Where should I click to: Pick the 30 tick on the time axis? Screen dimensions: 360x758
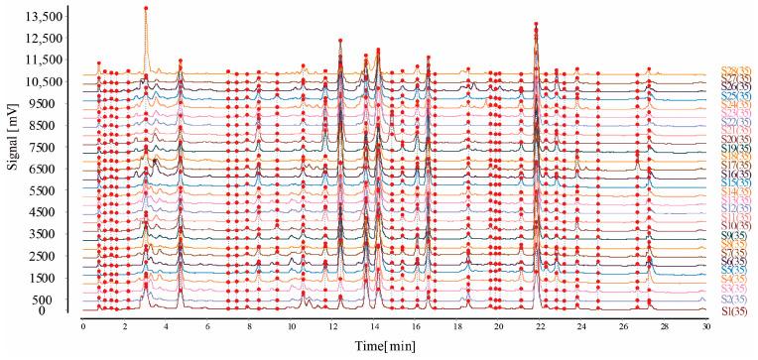coord(706,325)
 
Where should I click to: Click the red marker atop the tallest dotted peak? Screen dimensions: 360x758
coord(146,8)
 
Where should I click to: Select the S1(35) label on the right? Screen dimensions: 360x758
coord(735,311)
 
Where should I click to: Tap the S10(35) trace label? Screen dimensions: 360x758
coord(735,226)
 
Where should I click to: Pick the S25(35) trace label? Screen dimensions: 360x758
coord(735,94)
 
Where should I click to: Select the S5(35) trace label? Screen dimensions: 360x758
coord(735,270)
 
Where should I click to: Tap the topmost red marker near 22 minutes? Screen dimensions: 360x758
coord(536,24)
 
